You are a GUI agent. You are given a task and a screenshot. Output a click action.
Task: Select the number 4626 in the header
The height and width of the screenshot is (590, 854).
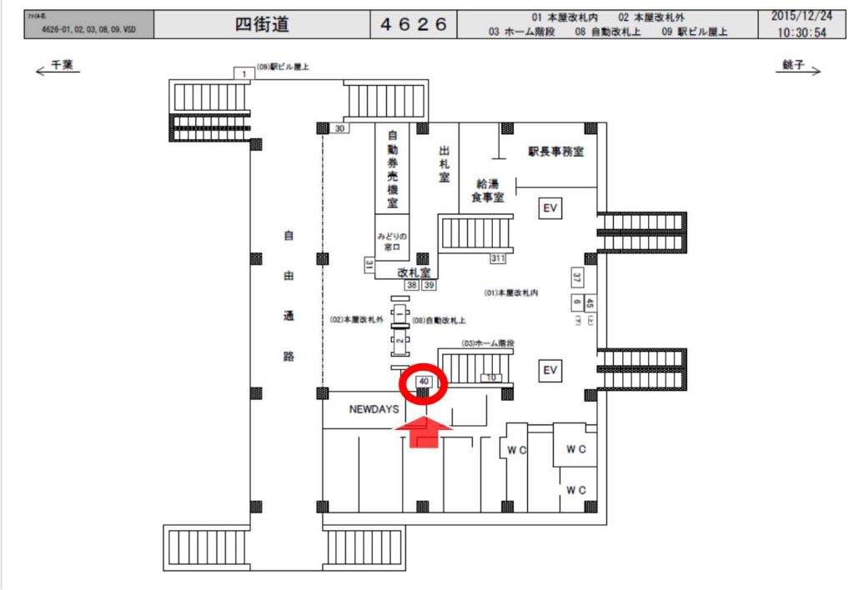pos(414,25)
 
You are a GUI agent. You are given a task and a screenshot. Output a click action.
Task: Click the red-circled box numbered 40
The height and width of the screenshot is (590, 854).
pos(424,382)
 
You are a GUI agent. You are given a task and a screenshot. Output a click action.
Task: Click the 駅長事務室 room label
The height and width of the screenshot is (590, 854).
pos(555,152)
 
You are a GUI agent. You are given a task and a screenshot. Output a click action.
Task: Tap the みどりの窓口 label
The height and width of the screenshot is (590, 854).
pos(391,242)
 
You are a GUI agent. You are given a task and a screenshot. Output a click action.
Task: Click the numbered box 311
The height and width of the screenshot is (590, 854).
pos(498,258)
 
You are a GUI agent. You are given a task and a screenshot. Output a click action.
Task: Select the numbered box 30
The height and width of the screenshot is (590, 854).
pos(339,128)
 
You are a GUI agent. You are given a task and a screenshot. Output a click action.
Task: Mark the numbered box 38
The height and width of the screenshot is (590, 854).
pos(412,285)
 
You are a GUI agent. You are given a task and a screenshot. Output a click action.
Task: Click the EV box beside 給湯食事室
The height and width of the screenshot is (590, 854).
pos(550,207)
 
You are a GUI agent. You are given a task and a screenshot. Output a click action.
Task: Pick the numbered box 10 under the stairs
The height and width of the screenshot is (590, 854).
pos(491,377)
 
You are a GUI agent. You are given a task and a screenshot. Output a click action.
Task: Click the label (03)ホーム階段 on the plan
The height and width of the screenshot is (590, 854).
pos(488,343)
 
